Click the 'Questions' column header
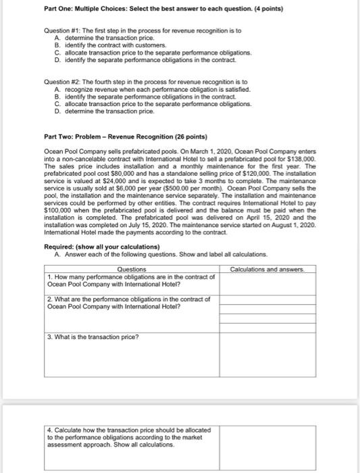point(132,269)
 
